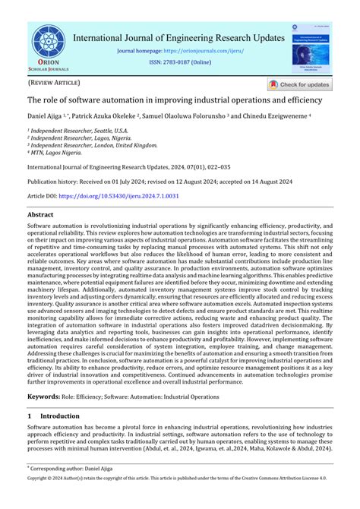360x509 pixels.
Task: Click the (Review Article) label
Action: click(53, 82)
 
